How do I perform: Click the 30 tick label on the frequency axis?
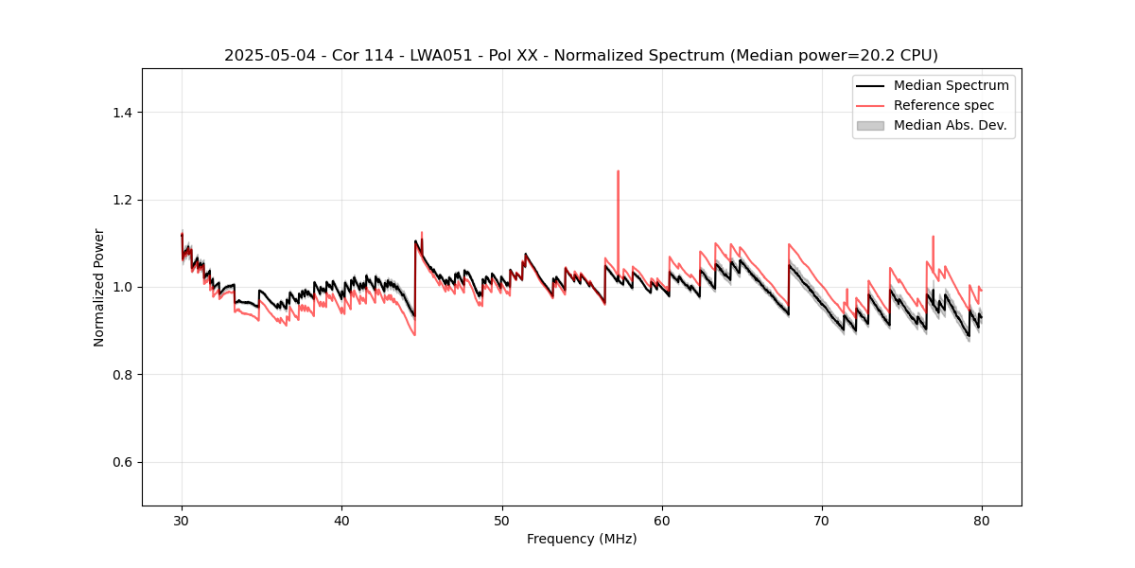[x=182, y=520]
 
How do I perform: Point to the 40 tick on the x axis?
[x=341, y=520]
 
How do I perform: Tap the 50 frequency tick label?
[x=502, y=520]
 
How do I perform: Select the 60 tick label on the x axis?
[x=662, y=520]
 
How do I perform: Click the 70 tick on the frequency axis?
[x=822, y=520]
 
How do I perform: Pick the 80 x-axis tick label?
[x=982, y=520]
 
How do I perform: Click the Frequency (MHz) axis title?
[x=582, y=539]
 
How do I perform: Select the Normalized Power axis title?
[x=99, y=287]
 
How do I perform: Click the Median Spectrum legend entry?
[x=951, y=85]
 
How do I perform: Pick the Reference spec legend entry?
[x=944, y=105]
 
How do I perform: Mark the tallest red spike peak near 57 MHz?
[x=618, y=171]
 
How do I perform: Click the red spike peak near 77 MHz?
[x=933, y=237]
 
